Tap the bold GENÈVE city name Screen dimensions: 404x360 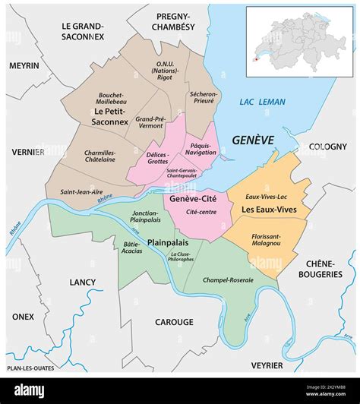coord(252,140)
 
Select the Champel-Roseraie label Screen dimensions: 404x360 coord(228,279)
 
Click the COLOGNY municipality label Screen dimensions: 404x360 coord(327,147)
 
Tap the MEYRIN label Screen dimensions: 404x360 coord(24,65)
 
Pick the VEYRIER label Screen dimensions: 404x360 coord(267,365)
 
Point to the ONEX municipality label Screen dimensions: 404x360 coord(24,317)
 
